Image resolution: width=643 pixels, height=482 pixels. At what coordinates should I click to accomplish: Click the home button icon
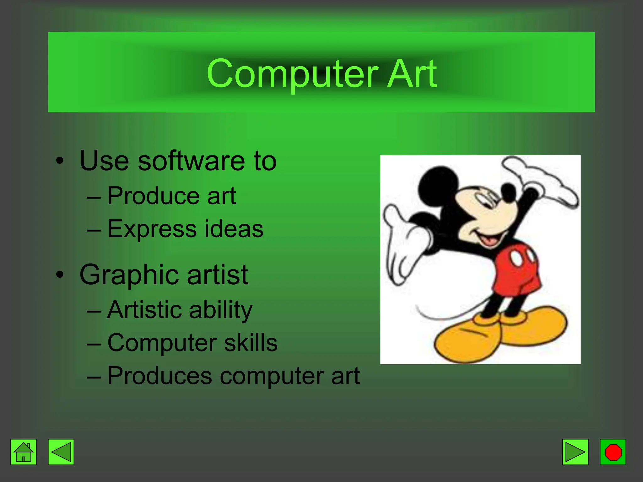(x=24, y=452)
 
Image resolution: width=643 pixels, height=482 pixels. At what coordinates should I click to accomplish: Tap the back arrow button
(x=61, y=452)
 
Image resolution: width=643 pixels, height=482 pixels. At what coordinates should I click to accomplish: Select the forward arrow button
(x=575, y=452)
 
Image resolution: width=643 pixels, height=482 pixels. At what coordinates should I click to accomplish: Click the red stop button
(x=613, y=452)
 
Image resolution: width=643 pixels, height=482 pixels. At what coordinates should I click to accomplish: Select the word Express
(x=152, y=229)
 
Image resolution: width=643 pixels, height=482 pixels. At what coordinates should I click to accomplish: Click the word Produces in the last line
(x=159, y=376)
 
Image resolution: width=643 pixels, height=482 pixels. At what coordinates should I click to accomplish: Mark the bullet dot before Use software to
(x=59, y=161)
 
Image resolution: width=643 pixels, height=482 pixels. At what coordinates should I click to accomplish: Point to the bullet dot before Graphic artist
(x=59, y=275)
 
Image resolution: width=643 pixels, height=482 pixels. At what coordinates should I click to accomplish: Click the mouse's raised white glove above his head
(x=543, y=179)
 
